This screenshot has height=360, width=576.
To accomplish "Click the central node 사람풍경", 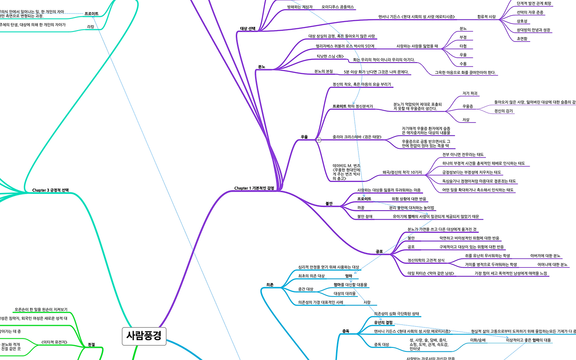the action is pos(144,336).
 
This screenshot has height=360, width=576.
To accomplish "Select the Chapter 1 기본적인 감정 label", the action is pos(254,188).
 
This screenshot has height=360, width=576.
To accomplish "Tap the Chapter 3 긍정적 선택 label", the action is pos(50,190).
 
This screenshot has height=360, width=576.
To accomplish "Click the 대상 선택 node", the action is pos(248,28).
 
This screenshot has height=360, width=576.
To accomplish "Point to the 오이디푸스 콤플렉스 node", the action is pos(337,7).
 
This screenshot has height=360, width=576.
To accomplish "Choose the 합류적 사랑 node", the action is pos(486,17).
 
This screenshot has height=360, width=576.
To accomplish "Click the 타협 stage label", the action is pos(463,46).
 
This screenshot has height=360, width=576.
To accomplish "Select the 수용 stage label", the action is pos(463,63).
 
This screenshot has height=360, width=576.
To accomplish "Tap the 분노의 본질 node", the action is pos(323,72).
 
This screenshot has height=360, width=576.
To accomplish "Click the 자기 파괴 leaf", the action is pos(470,93).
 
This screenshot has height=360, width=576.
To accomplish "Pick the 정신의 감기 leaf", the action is pos(504,111).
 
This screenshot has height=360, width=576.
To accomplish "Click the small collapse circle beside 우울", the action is pos(319,140).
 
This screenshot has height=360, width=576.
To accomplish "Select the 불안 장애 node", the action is pos(365,216).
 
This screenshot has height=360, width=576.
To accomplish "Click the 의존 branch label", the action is pos(270,285).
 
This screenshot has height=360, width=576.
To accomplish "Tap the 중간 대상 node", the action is pos(306,288).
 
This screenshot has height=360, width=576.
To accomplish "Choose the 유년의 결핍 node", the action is pos(383,322).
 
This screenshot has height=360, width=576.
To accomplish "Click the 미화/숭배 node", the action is pos(477,340).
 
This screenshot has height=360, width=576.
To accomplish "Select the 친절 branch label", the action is pos(91,345).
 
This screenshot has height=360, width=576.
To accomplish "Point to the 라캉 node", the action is pos(90,27).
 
